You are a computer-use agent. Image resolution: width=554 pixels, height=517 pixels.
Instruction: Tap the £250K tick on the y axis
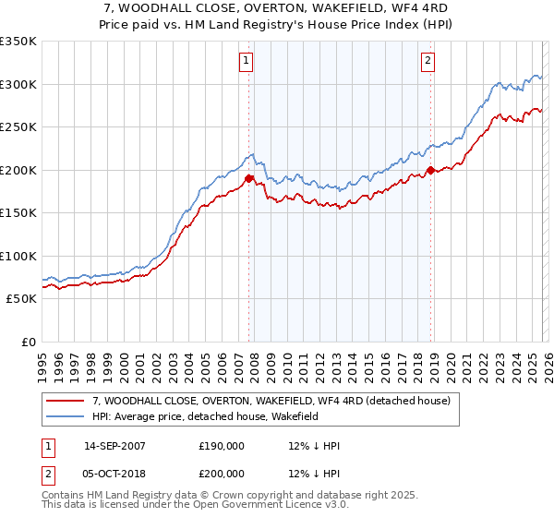coord(18,127)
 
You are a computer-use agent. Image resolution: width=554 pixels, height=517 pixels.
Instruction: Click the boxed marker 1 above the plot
coord(247,62)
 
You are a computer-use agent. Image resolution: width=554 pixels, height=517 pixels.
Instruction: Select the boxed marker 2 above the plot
coord(428,62)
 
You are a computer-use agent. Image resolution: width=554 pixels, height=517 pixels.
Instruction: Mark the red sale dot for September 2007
coord(249,178)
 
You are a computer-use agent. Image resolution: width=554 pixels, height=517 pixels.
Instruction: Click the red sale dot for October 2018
coord(430,170)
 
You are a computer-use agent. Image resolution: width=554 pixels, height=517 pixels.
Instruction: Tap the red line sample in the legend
coord(66,402)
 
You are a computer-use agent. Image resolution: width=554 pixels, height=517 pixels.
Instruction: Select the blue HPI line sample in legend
coord(66,417)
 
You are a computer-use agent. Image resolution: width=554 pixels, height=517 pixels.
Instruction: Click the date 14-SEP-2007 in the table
coord(114,446)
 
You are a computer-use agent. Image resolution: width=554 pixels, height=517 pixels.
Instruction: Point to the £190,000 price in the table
coord(222,446)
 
